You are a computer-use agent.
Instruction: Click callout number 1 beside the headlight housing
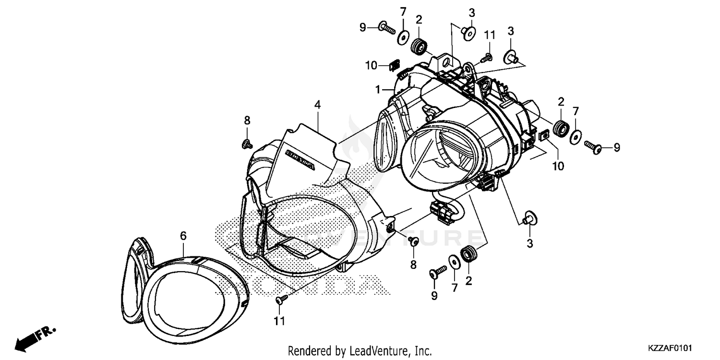tap(378, 89)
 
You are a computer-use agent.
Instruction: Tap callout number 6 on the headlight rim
tap(183, 236)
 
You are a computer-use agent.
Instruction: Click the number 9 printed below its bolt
tap(434, 296)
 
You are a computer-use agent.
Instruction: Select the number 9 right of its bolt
tap(616, 147)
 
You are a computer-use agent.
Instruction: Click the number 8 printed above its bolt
tap(247, 120)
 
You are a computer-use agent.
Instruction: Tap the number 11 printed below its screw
tap(280, 320)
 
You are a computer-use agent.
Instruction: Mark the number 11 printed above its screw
tap(489, 35)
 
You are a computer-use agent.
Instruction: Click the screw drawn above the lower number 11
tap(281, 300)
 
